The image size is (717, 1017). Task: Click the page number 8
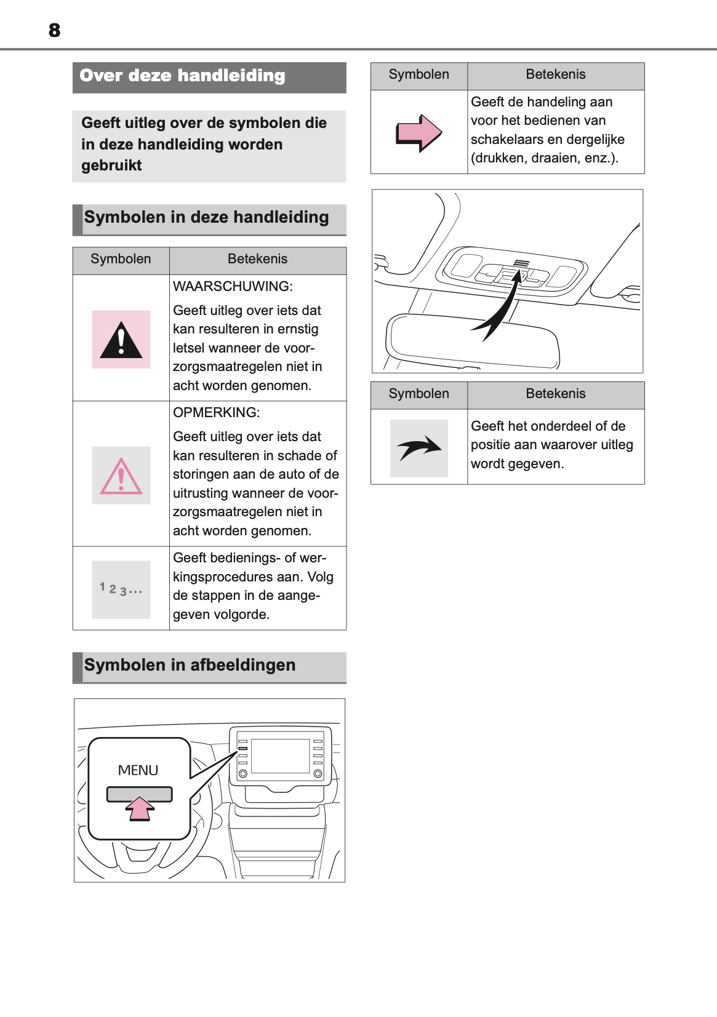[54, 30]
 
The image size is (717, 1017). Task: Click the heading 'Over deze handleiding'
[182, 76]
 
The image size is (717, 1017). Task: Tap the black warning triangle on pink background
[121, 340]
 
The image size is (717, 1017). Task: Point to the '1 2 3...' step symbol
[121, 589]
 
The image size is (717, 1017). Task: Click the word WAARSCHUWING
[233, 286]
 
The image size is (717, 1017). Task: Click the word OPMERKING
[216, 412]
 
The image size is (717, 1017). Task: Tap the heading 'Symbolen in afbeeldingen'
[190, 665]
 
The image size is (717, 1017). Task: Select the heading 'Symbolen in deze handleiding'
[206, 217]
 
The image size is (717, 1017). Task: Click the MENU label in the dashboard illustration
[138, 770]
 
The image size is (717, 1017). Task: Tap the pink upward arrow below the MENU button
[140, 808]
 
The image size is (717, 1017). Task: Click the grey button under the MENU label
[139, 794]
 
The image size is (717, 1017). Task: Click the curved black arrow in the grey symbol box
[419, 448]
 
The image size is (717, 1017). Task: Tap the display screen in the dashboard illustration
[280, 756]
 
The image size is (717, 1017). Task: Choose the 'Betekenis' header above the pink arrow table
[555, 74]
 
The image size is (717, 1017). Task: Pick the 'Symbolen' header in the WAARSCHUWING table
[121, 259]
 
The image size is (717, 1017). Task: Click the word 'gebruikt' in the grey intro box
[111, 166]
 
